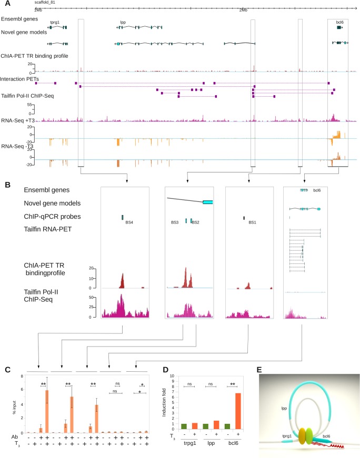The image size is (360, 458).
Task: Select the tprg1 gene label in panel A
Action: coord(54,23)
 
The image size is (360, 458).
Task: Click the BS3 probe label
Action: coord(175,223)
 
